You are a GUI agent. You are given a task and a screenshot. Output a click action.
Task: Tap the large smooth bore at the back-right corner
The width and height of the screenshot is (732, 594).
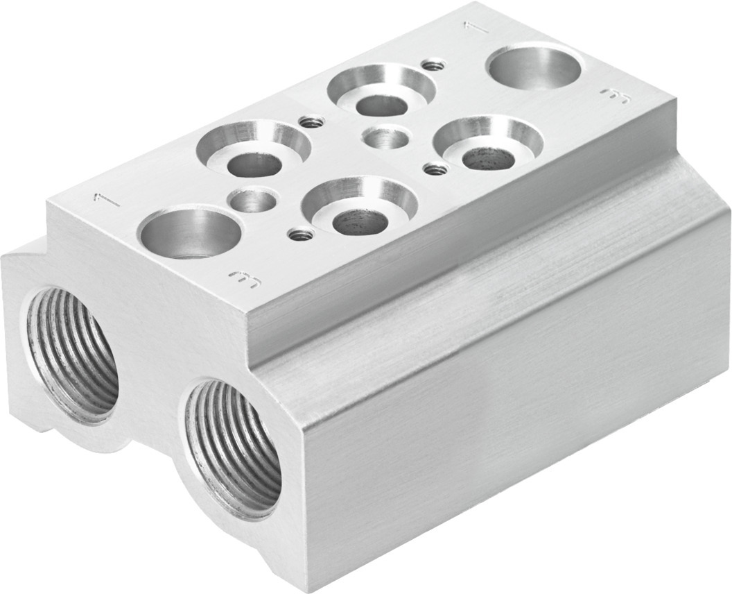coord(534,66)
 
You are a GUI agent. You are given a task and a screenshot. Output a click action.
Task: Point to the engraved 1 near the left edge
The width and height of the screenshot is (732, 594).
coord(105,201)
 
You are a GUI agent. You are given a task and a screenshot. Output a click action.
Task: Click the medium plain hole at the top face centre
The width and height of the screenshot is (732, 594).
coord(386,137)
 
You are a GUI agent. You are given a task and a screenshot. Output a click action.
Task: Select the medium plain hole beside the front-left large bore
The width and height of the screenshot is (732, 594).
coord(254,202)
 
